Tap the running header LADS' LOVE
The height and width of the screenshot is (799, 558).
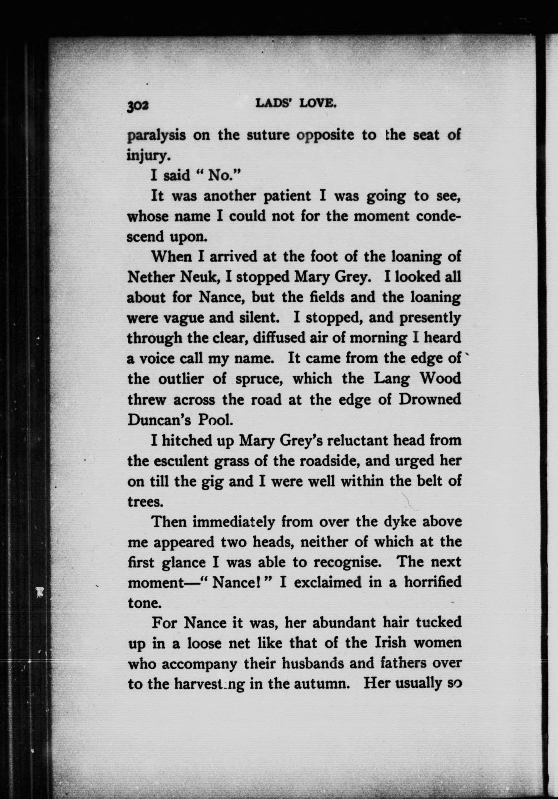[x=296, y=103]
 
